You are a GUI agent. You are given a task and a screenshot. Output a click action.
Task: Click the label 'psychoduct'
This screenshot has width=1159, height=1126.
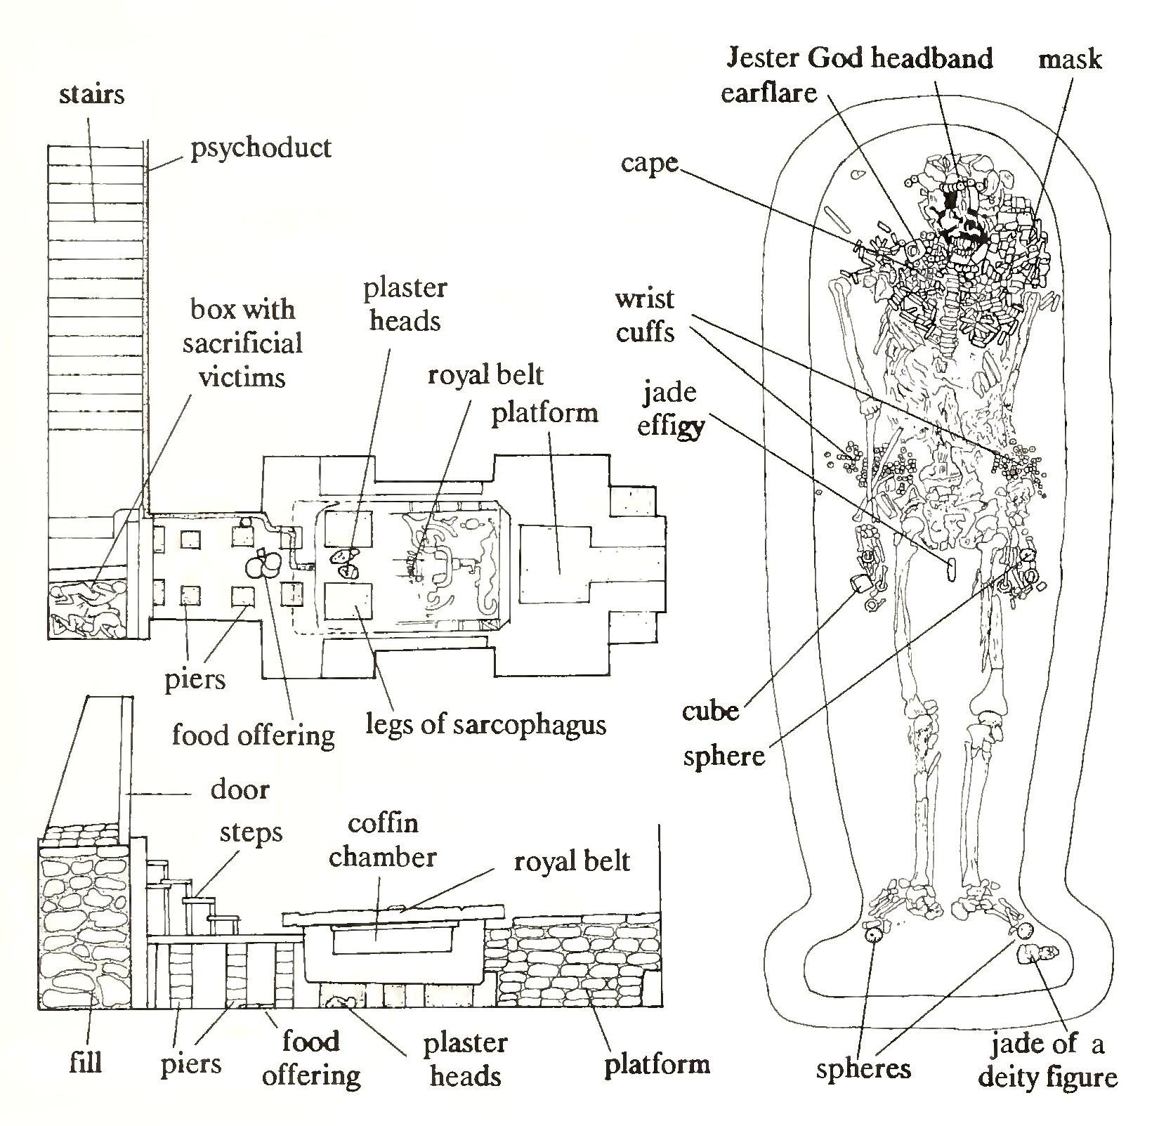(261, 148)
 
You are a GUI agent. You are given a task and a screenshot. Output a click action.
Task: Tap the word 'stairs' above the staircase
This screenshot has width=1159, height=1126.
(92, 94)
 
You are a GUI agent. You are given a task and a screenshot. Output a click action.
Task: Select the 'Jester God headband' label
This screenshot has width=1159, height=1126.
(859, 58)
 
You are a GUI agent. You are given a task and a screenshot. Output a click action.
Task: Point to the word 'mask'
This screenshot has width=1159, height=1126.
(1070, 59)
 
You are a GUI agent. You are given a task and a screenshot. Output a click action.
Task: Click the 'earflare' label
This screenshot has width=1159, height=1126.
(769, 93)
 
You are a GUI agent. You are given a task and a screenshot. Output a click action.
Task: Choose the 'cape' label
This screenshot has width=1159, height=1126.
(649, 163)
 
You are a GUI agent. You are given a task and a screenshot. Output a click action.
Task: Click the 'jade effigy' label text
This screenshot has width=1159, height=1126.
(669, 409)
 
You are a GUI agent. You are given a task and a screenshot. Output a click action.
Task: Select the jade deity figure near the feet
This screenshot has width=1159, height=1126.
(1037, 955)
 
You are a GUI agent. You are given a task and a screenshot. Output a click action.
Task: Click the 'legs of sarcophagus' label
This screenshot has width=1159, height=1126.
(485, 724)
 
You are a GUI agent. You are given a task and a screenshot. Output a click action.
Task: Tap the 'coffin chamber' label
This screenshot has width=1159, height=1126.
(383, 840)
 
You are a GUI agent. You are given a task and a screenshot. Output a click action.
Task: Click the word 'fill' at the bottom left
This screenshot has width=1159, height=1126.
(86, 1062)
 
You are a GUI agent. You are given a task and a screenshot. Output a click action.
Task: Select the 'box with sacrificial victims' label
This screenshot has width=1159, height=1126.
(242, 343)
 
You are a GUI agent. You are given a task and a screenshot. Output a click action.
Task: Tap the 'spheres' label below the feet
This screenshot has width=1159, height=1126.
(863, 1068)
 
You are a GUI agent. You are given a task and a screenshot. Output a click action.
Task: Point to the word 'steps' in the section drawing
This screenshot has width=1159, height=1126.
(251, 833)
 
